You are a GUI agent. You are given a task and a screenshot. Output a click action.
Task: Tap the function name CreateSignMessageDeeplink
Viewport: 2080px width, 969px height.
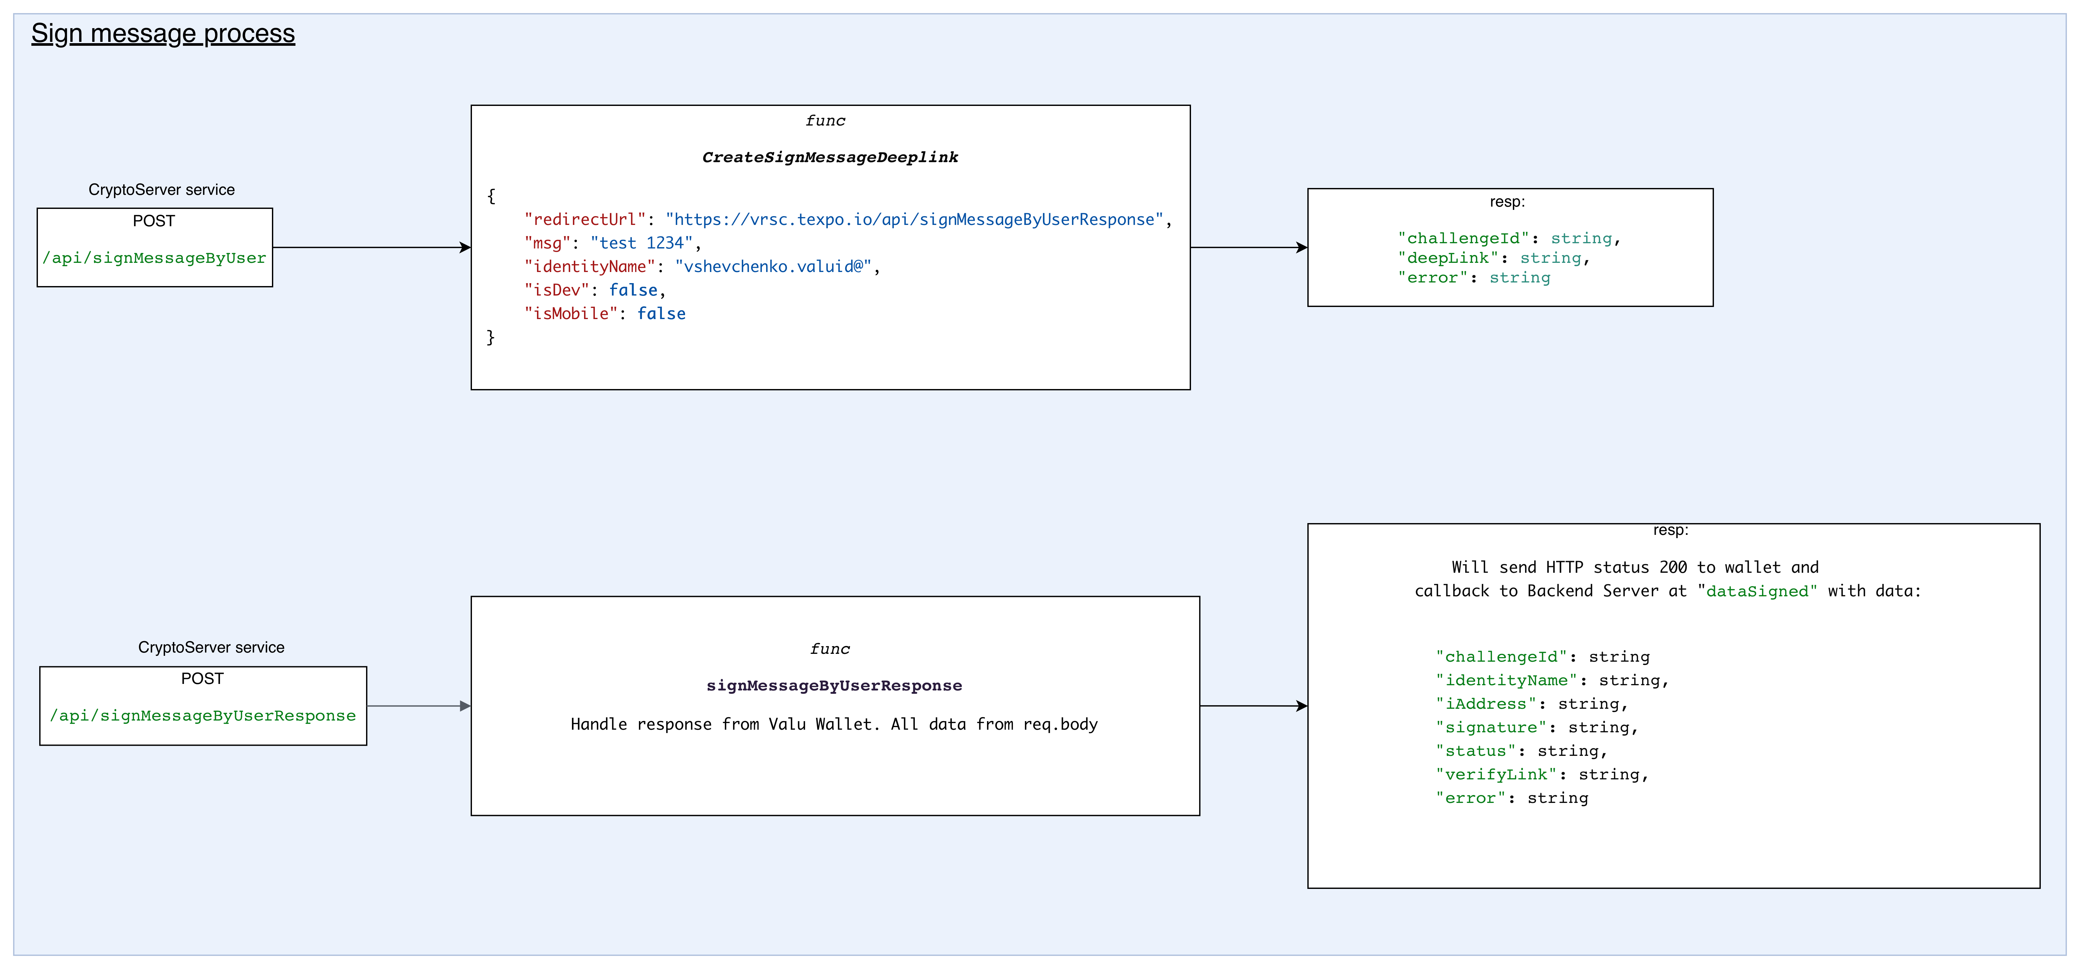(830, 158)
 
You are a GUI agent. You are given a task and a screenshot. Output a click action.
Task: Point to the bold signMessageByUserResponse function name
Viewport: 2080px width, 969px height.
(834, 686)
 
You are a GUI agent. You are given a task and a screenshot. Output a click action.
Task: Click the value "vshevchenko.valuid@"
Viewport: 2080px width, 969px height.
(773, 266)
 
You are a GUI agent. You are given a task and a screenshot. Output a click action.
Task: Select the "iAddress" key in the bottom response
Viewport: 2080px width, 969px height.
(1486, 704)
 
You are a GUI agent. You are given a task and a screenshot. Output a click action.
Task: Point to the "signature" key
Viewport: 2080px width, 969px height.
(1491, 727)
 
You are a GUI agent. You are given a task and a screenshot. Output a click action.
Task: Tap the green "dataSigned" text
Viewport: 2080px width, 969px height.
(1757, 591)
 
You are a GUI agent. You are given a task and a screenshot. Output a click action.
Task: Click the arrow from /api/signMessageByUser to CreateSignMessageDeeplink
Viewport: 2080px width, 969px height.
(371, 247)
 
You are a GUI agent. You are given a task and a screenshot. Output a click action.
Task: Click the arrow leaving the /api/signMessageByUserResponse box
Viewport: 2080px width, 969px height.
(418, 706)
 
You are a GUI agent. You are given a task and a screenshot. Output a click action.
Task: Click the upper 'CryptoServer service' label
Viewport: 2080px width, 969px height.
(161, 190)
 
